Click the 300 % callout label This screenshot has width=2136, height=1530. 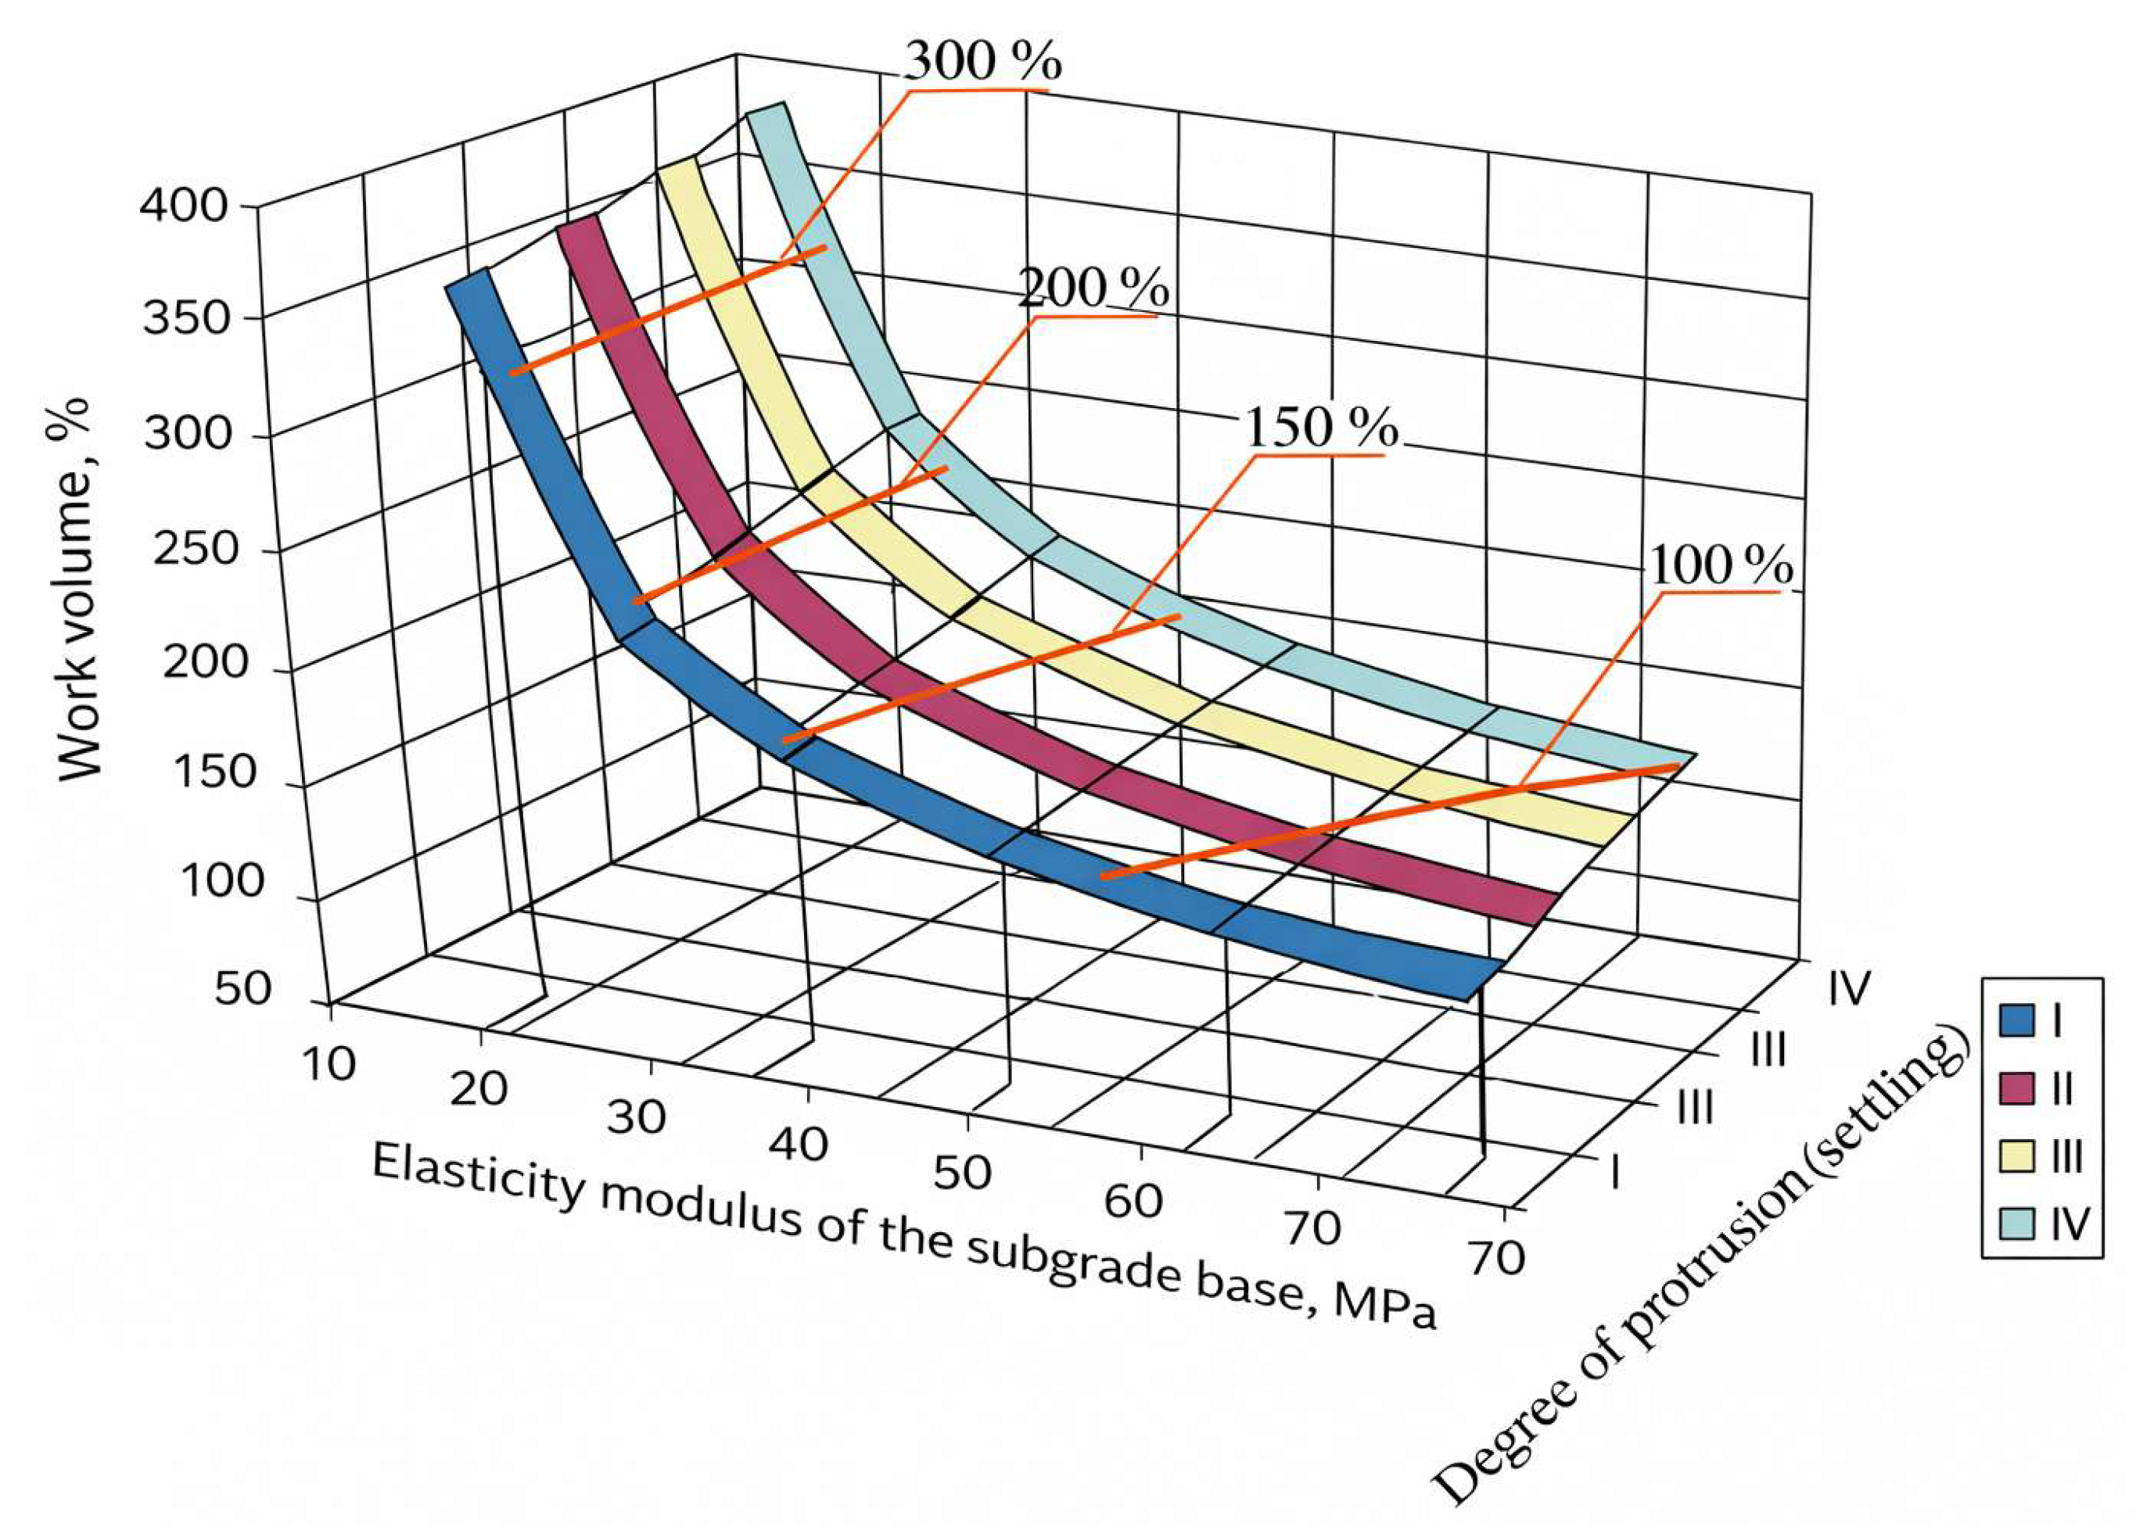[982, 62]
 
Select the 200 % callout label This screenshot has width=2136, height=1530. [1093, 288]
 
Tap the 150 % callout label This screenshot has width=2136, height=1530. [1321, 428]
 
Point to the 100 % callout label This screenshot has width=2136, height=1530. [1720, 567]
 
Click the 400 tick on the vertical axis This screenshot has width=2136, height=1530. [184, 206]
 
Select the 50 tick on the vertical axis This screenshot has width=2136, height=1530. [243, 990]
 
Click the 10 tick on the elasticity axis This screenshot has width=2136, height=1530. [328, 1064]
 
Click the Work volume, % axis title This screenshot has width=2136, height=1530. [78, 589]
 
